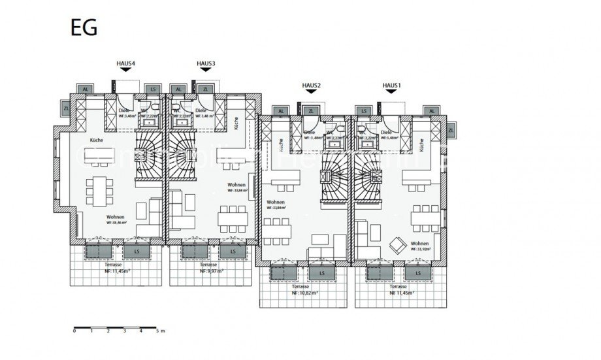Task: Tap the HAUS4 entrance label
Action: pyautogui.click(x=125, y=63)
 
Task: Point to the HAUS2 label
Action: pyautogui.click(x=310, y=86)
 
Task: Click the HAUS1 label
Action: pyautogui.click(x=391, y=86)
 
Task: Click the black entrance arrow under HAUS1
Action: pyautogui.click(x=391, y=93)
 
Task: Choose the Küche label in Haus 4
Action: pyautogui.click(x=96, y=140)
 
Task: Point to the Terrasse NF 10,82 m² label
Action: pyautogui.click(x=305, y=290)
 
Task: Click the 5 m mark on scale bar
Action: pyautogui.click(x=157, y=331)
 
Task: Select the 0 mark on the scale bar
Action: pyautogui.click(x=75, y=331)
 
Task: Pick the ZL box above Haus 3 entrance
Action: pyautogui.click(x=205, y=89)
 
